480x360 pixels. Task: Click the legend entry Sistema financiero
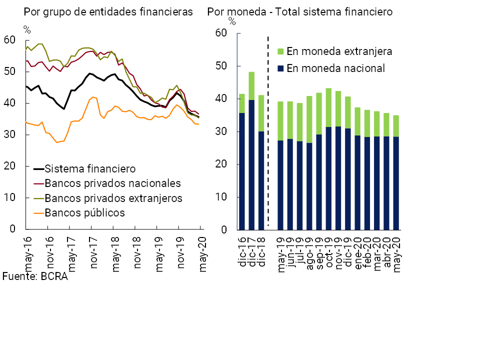(x=90, y=168)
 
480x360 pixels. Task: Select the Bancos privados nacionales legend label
(x=112, y=183)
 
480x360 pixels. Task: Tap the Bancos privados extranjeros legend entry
(x=113, y=198)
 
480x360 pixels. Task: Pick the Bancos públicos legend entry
(x=84, y=212)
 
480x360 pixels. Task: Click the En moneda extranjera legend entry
(x=339, y=51)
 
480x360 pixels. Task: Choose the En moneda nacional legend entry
(x=335, y=68)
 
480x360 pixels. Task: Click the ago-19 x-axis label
(x=310, y=252)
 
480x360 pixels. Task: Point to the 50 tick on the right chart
(x=221, y=66)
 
